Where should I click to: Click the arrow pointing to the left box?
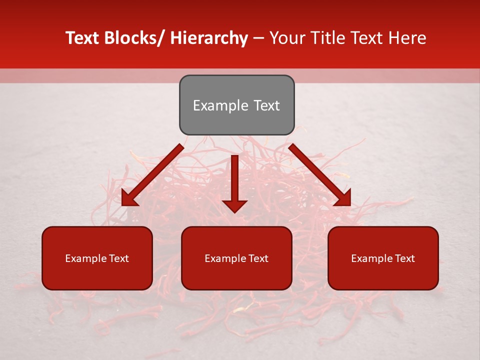coord(153,175)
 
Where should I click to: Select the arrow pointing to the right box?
coord(320,175)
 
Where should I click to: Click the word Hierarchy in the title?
coord(208,38)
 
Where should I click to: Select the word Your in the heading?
coord(287,38)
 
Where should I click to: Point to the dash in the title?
coord(258,38)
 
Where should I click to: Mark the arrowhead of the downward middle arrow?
coord(234,205)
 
